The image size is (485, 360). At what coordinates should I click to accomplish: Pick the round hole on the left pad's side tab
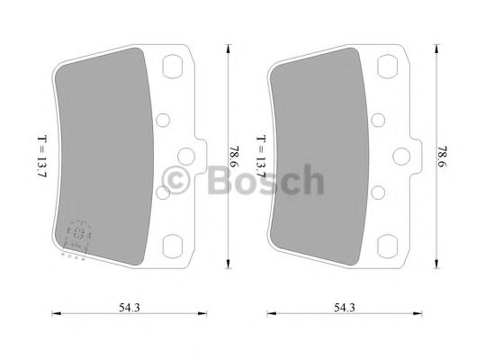tap(189, 156)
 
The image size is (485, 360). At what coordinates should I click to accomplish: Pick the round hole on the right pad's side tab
tap(405, 156)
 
